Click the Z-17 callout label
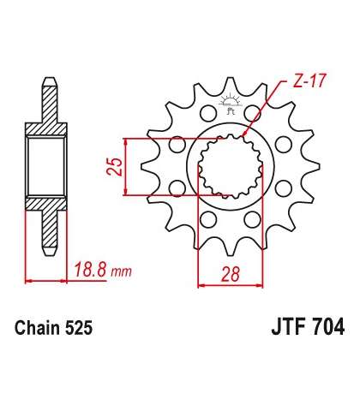pyautogui.click(x=309, y=81)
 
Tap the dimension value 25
pyautogui.click(x=115, y=166)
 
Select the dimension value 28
pyautogui.click(x=231, y=274)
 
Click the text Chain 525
pyautogui.click(x=54, y=328)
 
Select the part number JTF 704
pyautogui.click(x=308, y=327)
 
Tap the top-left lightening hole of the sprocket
pyautogui.click(x=208, y=113)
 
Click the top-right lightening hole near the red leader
pyautogui.click(x=253, y=113)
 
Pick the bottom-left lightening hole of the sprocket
pyautogui.click(x=207, y=219)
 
